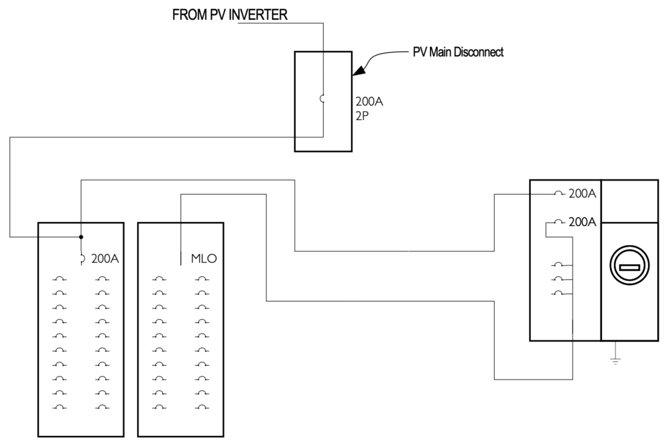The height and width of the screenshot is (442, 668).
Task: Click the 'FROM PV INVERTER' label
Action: click(x=230, y=14)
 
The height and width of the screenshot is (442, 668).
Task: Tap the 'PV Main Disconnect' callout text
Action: click(x=458, y=52)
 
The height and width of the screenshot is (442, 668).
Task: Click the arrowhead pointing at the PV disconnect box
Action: click(x=359, y=70)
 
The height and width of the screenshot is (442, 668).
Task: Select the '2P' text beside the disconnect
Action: click(x=362, y=116)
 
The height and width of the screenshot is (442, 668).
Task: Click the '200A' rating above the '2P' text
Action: click(x=369, y=102)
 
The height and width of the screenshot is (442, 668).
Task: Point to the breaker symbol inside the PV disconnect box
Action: click(x=321, y=98)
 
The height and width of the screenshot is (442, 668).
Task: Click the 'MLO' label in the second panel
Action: click(x=204, y=258)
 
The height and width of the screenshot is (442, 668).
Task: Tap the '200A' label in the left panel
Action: click(x=105, y=259)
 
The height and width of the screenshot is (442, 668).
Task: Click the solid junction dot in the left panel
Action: click(x=81, y=237)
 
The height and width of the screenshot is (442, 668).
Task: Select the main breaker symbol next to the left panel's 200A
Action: click(x=83, y=258)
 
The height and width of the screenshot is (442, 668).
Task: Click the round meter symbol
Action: click(x=630, y=265)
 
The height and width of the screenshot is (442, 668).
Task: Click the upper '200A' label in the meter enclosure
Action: click(x=582, y=194)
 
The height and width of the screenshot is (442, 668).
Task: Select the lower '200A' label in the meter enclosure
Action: click(x=582, y=222)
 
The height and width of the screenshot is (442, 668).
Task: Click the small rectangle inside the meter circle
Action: click(x=630, y=267)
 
